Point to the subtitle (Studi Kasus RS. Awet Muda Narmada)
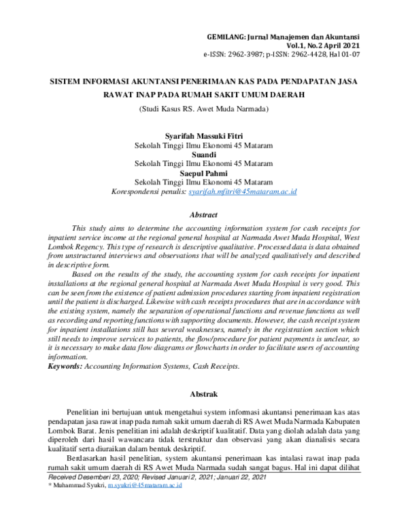pyautogui.click(x=205, y=108)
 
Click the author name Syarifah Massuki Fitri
pyautogui.click(x=204, y=136)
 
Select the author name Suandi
pyautogui.click(x=204, y=154)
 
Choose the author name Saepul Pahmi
pyautogui.click(x=204, y=174)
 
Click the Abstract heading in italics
pyautogui.click(x=204, y=214)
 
